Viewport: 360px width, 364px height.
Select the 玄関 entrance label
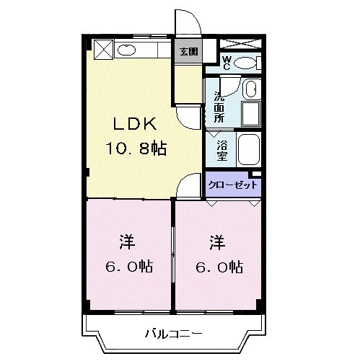(189, 52)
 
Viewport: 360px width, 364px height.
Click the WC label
(226, 63)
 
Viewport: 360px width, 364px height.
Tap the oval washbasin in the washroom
(249, 89)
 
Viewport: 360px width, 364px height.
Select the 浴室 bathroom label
(221, 148)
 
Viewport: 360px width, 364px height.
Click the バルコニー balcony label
(173, 333)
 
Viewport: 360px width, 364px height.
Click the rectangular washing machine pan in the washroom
(250, 114)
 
